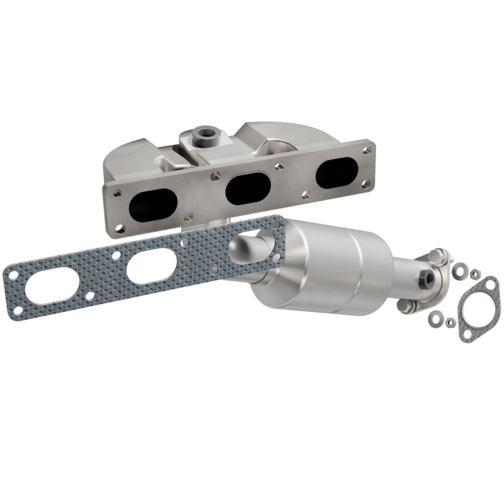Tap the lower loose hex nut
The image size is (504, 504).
450,323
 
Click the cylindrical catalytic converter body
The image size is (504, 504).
328,268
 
